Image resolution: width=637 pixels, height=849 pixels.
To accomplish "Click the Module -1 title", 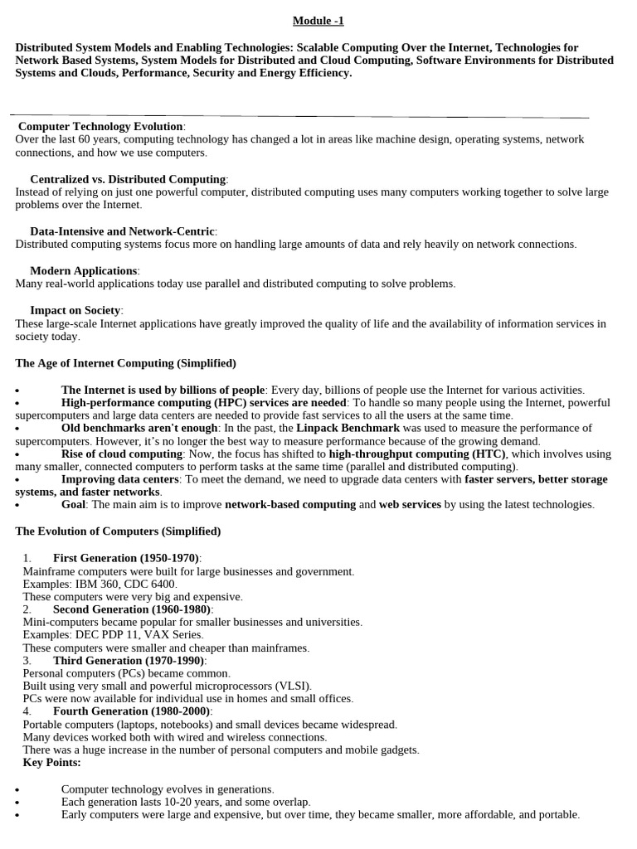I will point(318,21).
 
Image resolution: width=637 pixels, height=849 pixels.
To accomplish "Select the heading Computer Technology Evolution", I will point(100,126).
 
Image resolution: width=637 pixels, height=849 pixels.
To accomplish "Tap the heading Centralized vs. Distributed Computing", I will point(128,179).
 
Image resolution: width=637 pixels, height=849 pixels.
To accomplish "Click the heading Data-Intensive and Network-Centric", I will point(123,231).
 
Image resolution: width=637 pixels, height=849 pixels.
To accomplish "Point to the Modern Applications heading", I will point(84,270).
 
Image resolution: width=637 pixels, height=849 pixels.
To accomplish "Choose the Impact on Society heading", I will point(75,310).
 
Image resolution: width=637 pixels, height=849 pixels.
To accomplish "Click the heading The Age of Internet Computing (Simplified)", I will point(125,363).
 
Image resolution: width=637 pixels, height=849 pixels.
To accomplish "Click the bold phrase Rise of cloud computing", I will point(122,454).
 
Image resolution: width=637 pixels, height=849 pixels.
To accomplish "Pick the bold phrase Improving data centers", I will point(119,479).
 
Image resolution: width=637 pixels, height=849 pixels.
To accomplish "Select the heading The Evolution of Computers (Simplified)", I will point(118,531).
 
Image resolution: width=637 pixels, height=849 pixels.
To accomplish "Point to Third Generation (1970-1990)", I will point(129,660).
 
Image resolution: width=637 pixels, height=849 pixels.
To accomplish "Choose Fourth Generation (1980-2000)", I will point(132,711).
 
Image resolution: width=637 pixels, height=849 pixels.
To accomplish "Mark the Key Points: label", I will point(51,762).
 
